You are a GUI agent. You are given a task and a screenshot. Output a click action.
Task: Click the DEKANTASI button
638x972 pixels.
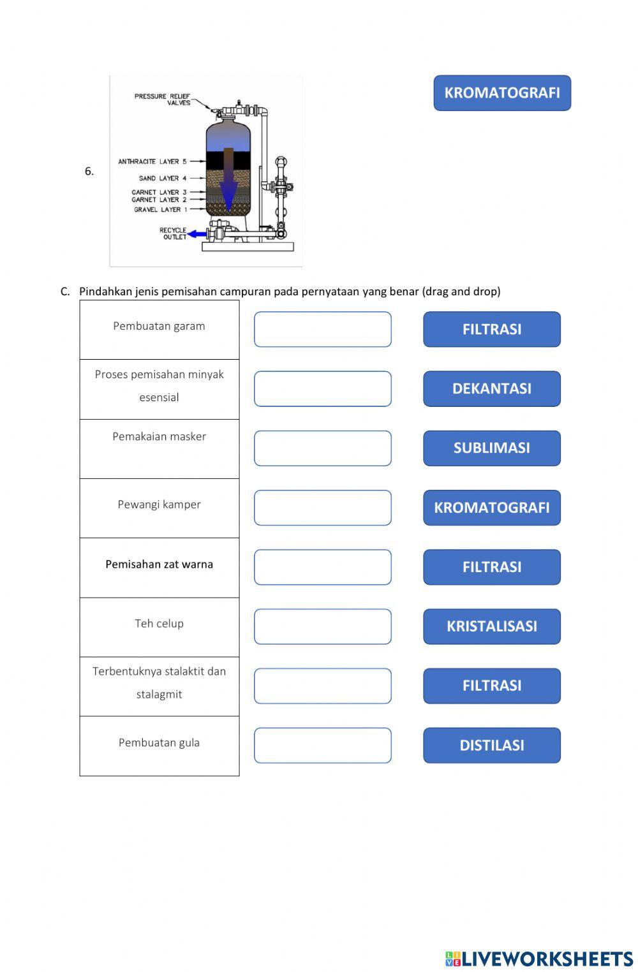(x=491, y=388)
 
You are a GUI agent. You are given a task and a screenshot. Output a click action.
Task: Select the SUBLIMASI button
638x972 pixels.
(x=491, y=448)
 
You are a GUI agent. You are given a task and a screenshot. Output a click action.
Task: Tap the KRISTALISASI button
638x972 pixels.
(x=491, y=626)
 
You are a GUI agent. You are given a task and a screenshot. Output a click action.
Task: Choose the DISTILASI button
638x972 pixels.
(x=491, y=745)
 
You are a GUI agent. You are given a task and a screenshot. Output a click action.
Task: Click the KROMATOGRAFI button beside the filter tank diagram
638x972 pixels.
(x=502, y=93)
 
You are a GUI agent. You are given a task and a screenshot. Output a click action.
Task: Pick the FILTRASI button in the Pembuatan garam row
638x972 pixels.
(x=491, y=329)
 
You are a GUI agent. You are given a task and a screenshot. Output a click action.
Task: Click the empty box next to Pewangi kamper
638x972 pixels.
(x=322, y=508)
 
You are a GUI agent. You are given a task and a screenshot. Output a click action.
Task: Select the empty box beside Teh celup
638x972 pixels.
(x=322, y=626)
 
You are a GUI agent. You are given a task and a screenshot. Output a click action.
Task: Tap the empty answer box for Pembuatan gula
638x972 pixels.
(x=322, y=745)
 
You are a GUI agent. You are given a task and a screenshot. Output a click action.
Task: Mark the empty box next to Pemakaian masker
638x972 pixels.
(x=322, y=448)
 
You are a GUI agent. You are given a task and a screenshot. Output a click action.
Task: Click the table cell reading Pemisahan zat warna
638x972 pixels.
(x=159, y=564)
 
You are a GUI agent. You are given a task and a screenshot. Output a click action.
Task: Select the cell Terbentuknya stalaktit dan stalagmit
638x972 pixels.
(x=159, y=682)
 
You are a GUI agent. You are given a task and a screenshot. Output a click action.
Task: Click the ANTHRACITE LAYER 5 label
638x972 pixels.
(x=152, y=161)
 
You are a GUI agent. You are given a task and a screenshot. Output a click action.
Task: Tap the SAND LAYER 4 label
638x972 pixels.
(x=163, y=179)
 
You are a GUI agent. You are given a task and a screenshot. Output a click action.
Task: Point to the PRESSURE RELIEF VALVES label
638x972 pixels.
(x=163, y=99)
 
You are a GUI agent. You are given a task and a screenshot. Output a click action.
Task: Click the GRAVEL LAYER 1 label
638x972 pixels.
(x=160, y=209)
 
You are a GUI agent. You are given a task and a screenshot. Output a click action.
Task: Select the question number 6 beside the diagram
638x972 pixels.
(x=89, y=171)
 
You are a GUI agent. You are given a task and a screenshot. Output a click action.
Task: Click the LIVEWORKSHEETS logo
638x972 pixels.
(x=539, y=958)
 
